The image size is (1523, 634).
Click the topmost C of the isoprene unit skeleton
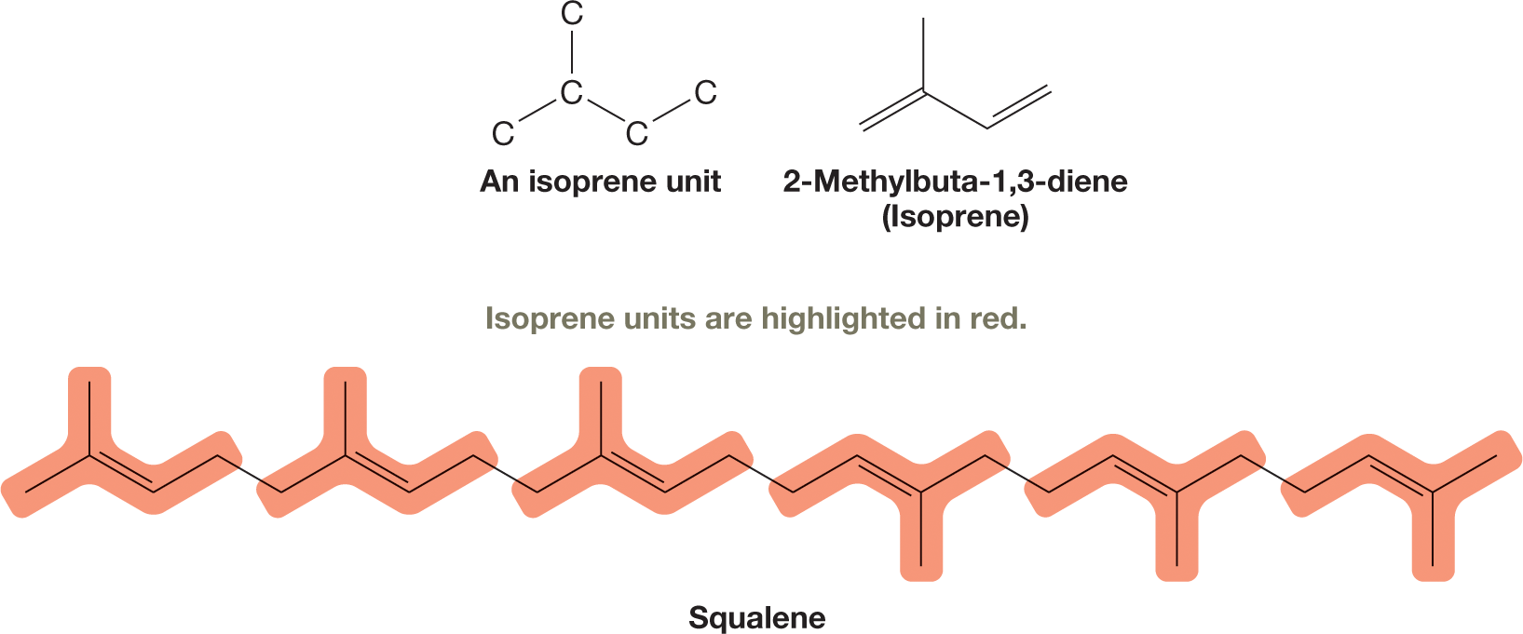(x=572, y=14)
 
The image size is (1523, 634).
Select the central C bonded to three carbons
(x=572, y=93)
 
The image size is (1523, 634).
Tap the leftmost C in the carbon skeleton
(x=503, y=134)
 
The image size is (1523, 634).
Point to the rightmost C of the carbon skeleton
(x=705, y=93)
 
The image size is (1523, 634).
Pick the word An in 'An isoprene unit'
(x=499, y=182)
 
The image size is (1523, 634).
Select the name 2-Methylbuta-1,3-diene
(x=955, y=182)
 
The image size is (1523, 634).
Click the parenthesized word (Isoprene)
(x=955, y=217)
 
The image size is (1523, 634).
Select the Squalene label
(x=756, y=618)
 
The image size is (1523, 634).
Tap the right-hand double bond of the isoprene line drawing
(x=1018, y=107)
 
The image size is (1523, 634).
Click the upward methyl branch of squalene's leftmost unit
(x=89, y=419)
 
